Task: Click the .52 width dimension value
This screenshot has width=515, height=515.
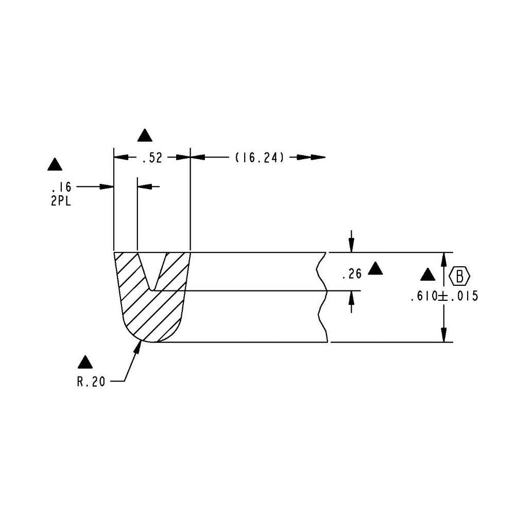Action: tap(151, 158)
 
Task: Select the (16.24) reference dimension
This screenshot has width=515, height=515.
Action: tap(260, 158)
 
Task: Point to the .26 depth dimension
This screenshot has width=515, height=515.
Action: tap(351, 274)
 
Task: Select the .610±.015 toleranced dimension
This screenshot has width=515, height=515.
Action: tap(444, 297)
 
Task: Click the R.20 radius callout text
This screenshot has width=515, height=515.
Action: tap(92, 382)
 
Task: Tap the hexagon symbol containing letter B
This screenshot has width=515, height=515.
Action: tap(460, 276)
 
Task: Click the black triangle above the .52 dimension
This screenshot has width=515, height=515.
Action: tap(146, 136)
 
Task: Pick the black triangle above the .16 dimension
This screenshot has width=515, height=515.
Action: tap(55, 165)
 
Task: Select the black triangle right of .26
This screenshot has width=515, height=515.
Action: tap(376, 268)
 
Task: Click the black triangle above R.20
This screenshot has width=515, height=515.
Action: tap(85, 363)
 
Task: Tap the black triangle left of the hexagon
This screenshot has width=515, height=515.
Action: tap(427, 276)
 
